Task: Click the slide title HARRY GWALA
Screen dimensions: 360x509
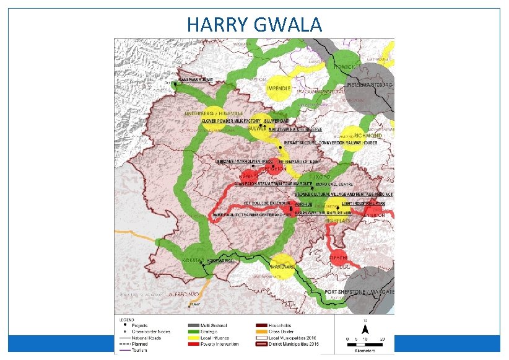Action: [x=254, y=25]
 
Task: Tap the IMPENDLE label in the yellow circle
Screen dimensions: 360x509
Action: [x=278, y=89]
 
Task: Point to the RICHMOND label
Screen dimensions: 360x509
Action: [x=368, y=135]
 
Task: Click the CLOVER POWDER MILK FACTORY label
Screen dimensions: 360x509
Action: [x=230, y=121]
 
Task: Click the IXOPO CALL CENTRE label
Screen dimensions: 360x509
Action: [x=333, y=185]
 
